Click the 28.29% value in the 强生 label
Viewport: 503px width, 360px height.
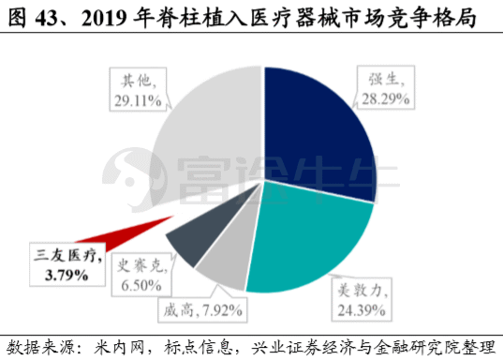pos(385,99)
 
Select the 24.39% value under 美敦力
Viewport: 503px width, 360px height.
pos(362,310)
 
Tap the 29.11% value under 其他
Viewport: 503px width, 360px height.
pos(138,101)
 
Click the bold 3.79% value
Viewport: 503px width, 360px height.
pos(67,276)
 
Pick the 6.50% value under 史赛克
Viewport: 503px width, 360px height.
pos(141,285)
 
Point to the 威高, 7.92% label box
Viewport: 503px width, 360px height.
pos(202,310)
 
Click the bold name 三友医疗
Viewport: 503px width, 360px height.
pos(68,256)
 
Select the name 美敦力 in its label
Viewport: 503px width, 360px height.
pos(360,291)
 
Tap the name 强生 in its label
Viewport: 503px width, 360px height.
pos(383,79)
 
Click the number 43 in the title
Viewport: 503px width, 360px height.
pos(45,19)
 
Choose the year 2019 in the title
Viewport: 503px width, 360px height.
pos(104,19)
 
